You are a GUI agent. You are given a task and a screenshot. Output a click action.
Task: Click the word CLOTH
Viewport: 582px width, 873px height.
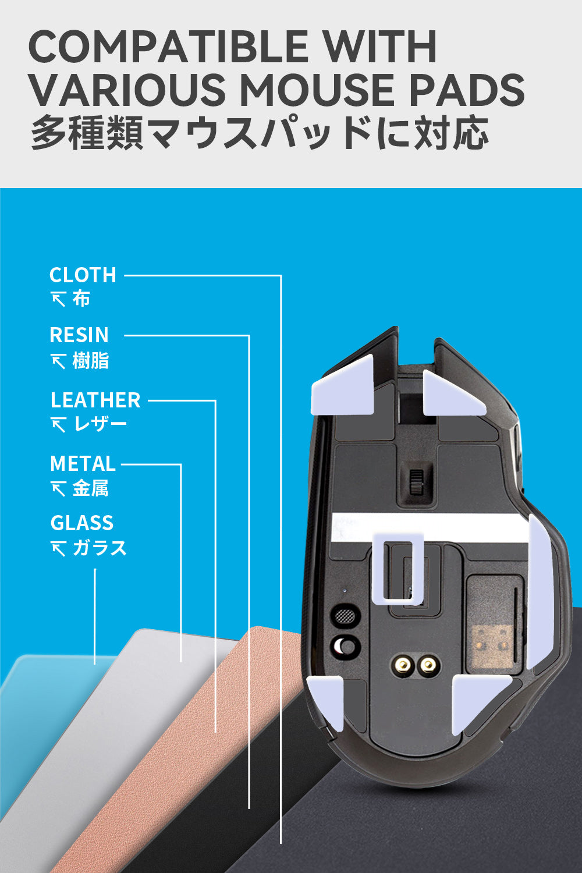(83, 275)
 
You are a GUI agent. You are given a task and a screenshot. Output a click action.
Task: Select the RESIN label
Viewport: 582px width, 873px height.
(79, 335)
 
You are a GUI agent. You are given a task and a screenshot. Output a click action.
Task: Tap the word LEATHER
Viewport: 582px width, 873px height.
(95, 400)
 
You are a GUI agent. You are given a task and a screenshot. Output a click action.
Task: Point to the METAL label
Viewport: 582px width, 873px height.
(83, 464)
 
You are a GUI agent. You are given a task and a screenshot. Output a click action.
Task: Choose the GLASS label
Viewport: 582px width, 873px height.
(82, 523)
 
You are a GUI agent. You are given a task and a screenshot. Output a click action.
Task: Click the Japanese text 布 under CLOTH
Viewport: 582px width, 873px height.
(81, 299)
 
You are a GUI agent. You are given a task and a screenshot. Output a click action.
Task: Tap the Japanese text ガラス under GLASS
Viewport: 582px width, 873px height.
(100, 548)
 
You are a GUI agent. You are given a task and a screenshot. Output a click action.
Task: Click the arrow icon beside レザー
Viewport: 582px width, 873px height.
(58, 425)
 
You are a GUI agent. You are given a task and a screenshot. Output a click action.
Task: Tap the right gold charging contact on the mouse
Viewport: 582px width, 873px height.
(429, 663)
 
